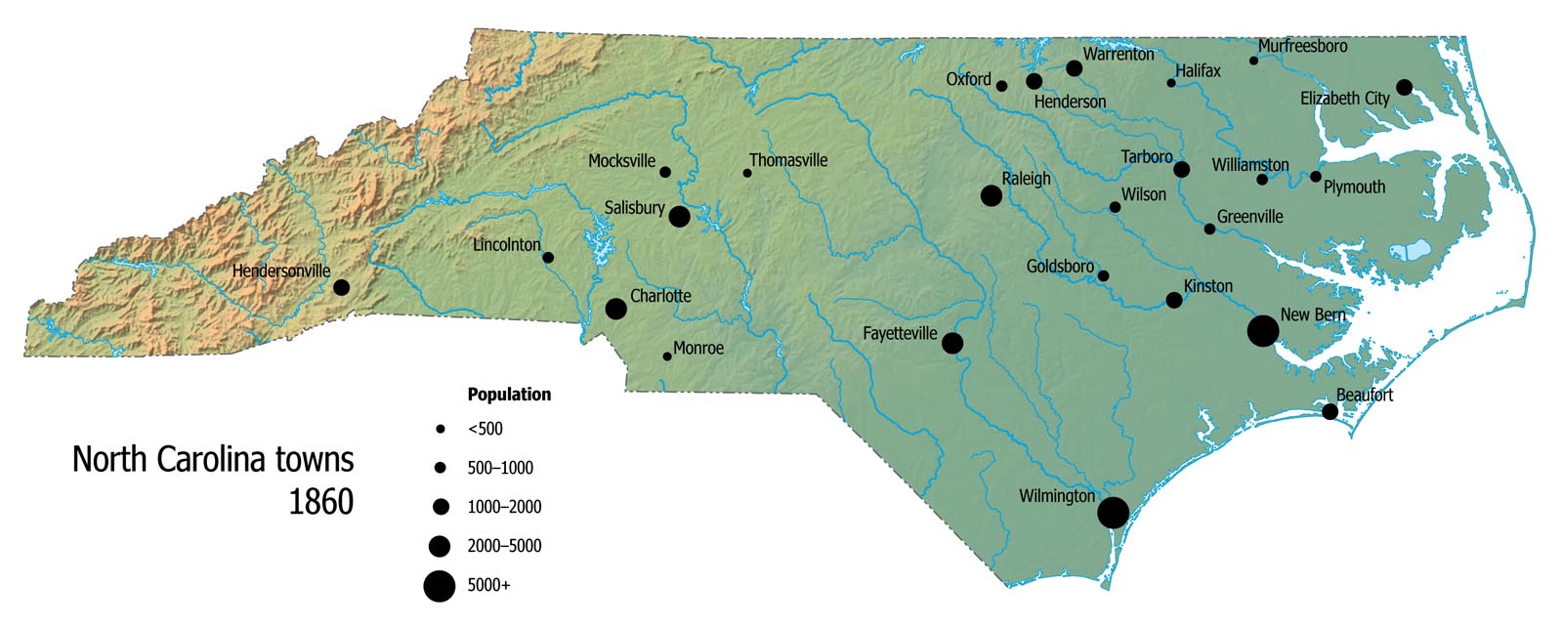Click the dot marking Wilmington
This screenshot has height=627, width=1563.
[x=1113, y=512]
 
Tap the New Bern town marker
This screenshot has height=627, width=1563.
[x=1262, y=331]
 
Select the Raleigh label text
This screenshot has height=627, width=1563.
[x=1026, y=179]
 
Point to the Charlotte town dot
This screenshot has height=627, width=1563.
[x=615, y=309]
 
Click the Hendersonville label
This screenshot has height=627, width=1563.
[x=281, y=271]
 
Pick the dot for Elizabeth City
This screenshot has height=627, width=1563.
[x=1404, y=87]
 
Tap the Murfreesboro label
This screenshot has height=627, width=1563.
[x=1302, y=46]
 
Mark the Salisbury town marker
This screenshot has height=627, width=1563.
[x=679, y=216]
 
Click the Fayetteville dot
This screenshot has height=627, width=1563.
[x=952, y=343]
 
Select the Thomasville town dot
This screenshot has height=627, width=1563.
[x=747, y=173]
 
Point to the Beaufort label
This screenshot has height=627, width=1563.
[x=1364, y=395]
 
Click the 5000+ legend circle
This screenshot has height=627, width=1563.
[x=440, y=586]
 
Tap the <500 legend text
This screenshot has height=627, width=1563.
[x=485, y=429]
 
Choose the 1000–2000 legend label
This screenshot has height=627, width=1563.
[x=504, y=507]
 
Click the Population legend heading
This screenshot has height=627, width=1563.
[x=509, y=395]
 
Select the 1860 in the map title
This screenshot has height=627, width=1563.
[x=320, y=502]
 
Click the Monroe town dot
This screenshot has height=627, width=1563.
[x=667, y=356]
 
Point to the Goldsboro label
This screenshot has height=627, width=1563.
[x=1060, y=267]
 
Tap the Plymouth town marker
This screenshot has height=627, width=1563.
[x=1316, y=177]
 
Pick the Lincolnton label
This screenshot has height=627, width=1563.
[x=506, y=244]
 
